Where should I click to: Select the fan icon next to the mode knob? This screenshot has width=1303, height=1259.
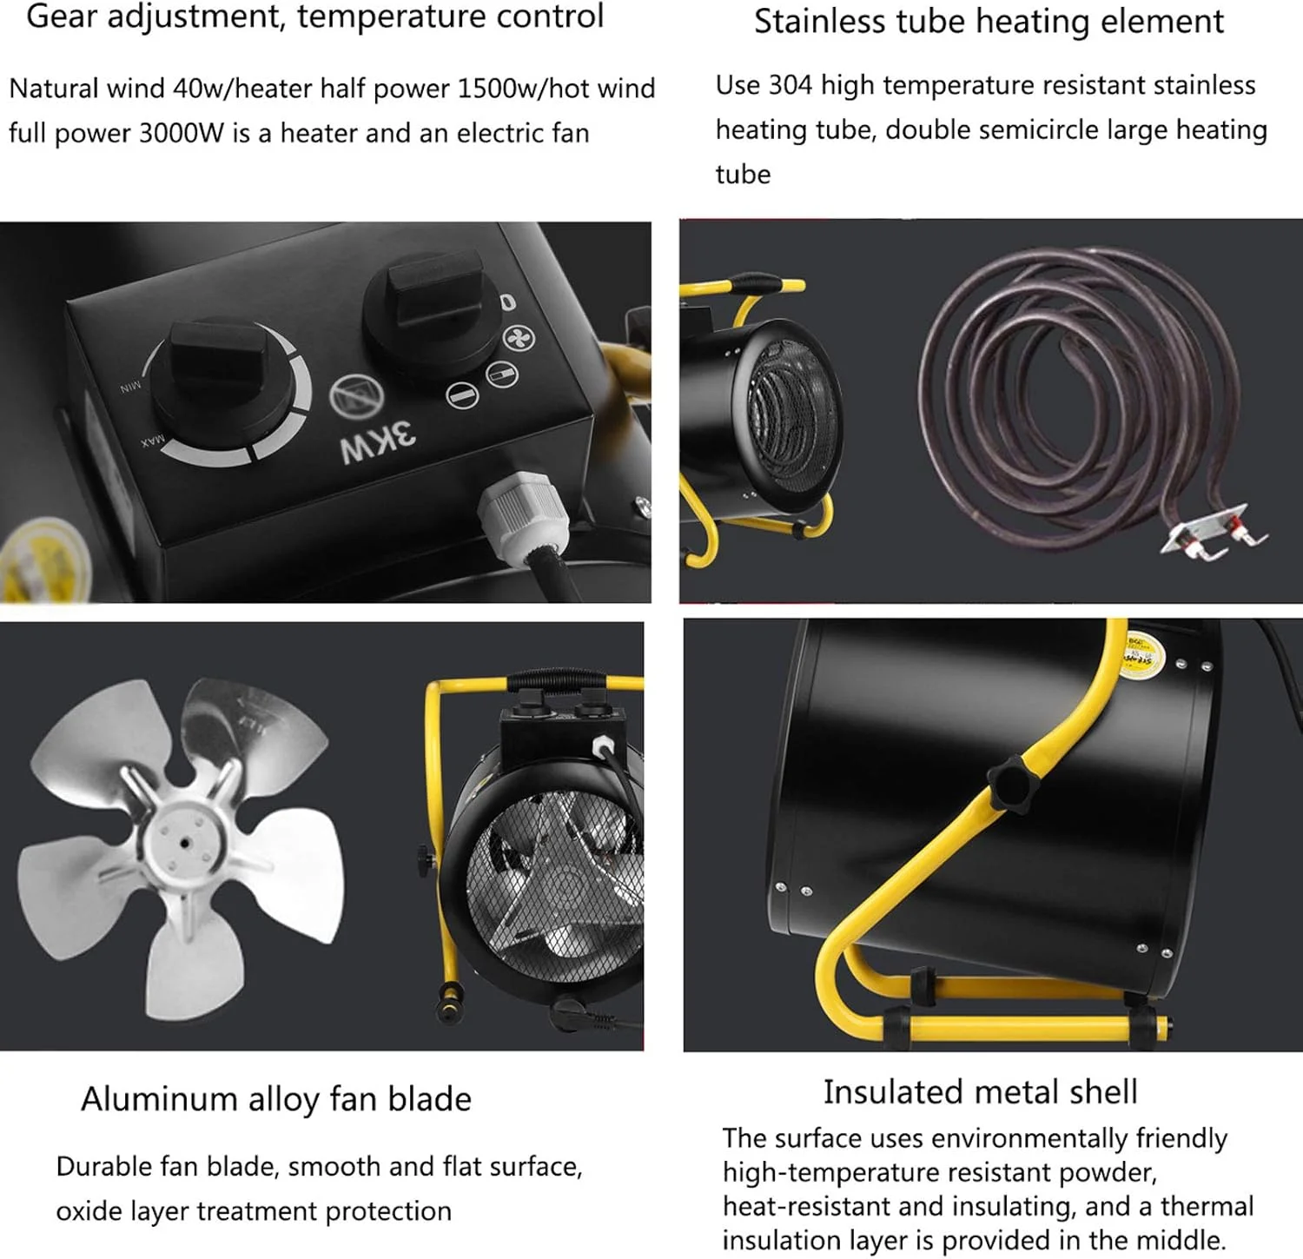[519, 338]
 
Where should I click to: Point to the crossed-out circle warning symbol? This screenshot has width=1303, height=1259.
[356, 396]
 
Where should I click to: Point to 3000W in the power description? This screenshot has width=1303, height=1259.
[182, 134]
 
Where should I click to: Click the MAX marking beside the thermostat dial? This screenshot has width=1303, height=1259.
[153, 441]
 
